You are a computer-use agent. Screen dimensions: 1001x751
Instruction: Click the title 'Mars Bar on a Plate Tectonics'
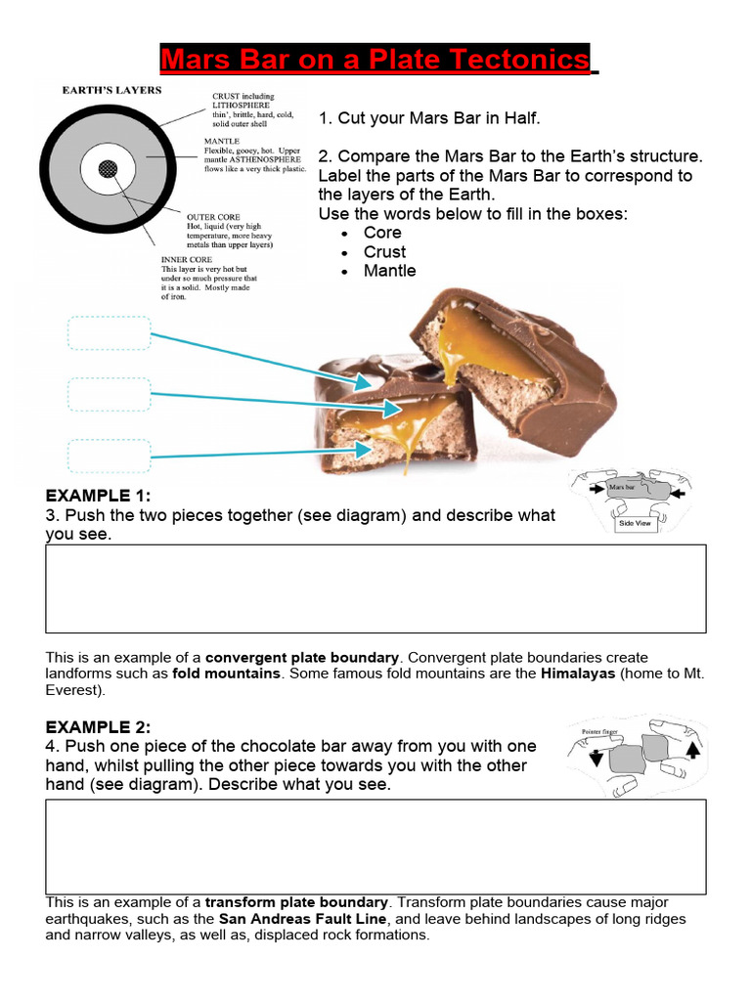click(x=375, y=60)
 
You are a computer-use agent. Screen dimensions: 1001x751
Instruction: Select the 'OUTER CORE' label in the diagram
click(x=213, y=216)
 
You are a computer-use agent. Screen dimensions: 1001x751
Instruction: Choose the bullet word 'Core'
click(x=382, y=233)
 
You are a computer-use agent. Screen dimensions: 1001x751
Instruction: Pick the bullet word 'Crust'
click(x=384, y=252)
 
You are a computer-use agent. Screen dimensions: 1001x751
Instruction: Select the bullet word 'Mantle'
click(x=389, y=271)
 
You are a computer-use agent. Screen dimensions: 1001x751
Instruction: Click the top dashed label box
click(x=110, y=333)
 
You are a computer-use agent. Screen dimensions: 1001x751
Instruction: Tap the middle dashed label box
click(x=110, y=394)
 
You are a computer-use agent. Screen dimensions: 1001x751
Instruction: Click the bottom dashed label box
click(x=110, y=456)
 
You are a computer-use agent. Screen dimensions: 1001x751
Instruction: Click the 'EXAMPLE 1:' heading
click(x=98, y=496)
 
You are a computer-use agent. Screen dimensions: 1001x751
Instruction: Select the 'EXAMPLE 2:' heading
click(x=98, y=727)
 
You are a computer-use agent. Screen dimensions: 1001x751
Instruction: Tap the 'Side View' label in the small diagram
click(x=635, y=524)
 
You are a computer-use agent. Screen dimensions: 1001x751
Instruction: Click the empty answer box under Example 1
click(x=375, y=588)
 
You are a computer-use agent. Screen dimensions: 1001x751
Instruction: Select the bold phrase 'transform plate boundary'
click(x=297, y=902)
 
